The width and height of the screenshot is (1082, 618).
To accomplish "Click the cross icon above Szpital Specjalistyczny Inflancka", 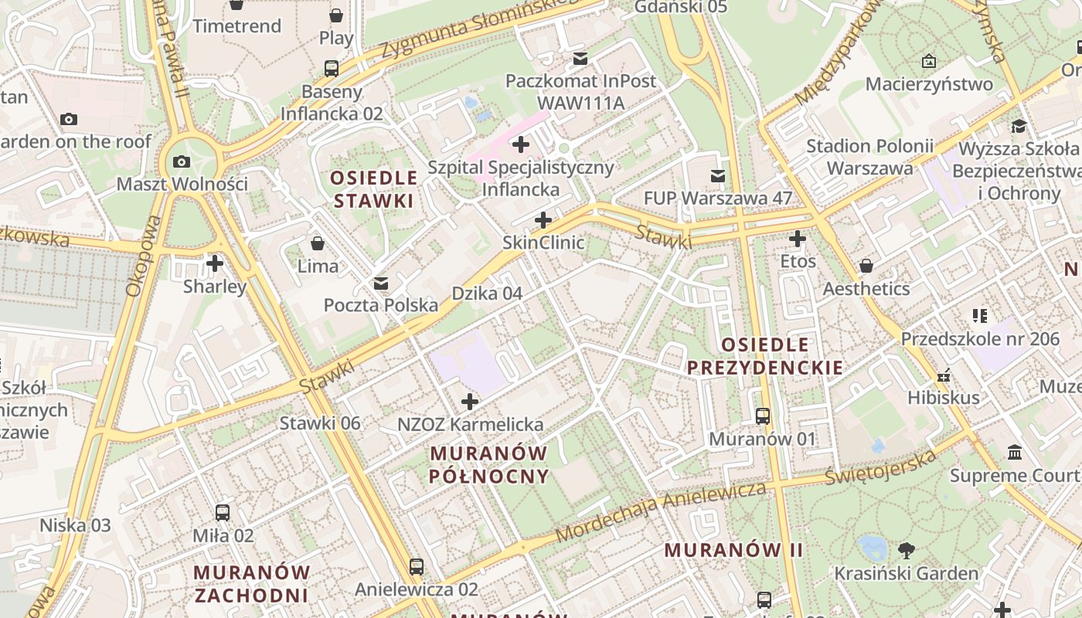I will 521,144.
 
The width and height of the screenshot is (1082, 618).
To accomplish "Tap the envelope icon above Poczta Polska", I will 380,284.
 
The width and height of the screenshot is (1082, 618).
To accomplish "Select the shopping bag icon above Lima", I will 317,244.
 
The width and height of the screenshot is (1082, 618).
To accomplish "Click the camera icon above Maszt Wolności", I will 182,161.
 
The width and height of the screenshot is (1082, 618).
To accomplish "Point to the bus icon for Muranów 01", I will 763,416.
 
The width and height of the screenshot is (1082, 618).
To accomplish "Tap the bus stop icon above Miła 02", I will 223,512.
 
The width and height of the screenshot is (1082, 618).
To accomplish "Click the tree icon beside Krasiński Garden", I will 907,551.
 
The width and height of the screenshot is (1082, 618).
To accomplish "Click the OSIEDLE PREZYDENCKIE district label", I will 765,356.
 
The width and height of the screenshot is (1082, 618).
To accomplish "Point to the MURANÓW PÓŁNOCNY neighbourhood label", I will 489,464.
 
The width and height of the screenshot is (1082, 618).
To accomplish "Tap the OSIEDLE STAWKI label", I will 374,189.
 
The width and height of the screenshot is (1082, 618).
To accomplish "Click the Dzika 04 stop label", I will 487,294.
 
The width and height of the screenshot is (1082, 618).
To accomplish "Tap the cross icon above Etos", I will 798,239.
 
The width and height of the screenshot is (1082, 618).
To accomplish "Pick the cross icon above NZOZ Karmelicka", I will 469,402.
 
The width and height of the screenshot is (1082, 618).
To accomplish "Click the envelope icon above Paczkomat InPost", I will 580,59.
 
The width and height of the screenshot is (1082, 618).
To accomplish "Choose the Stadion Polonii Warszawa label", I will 869,157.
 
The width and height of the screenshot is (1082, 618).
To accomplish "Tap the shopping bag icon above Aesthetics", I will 866,267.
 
